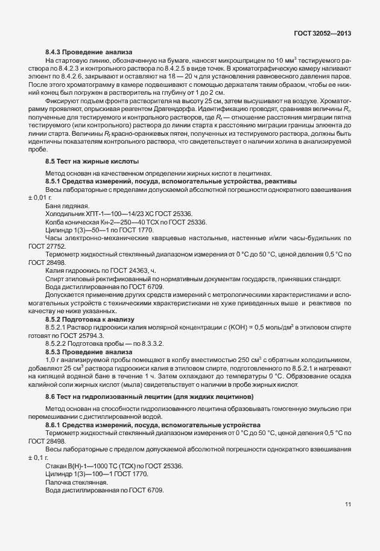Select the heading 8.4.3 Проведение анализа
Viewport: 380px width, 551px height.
89,53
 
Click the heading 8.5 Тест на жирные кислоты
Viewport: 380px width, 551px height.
92,161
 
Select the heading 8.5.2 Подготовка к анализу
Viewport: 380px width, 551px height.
90,319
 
